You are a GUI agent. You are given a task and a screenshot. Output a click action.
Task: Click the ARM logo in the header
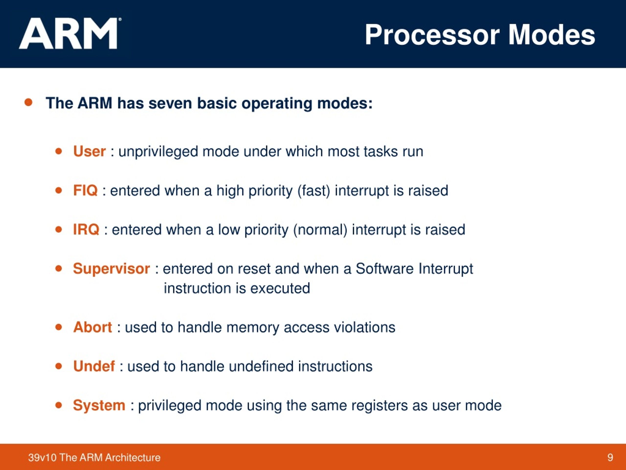pos(69,34)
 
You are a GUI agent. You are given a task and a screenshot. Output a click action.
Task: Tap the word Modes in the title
pos(552,35)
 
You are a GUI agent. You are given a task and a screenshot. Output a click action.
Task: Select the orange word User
pos(89,151)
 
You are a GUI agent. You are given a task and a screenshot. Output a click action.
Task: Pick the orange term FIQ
pos(85,190)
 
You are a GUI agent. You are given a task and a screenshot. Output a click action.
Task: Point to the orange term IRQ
pos(86,229)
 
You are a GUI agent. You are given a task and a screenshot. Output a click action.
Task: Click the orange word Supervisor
pos(111,269)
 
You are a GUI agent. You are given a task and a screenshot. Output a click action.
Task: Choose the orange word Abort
pos(92,327)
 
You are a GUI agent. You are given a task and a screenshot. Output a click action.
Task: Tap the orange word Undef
pos(94,366)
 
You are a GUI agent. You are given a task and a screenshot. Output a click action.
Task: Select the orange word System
pos(99,405)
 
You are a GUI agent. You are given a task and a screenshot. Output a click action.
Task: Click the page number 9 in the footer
pos(610,458)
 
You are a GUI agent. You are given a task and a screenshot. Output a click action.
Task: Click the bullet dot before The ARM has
pos(28,102)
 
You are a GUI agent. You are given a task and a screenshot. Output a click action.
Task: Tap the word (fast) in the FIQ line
pos(313,191)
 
